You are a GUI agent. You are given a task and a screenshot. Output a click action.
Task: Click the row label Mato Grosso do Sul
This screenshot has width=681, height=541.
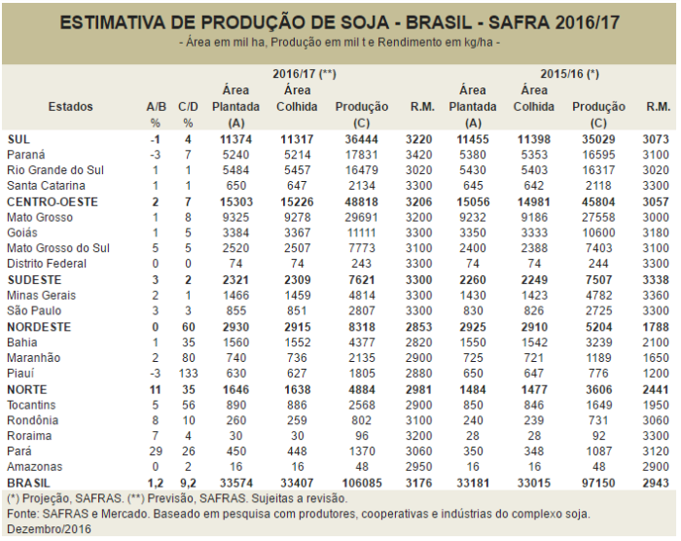[x=57, y=248]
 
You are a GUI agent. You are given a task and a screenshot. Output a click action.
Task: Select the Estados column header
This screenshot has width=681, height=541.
[x=71, y=106]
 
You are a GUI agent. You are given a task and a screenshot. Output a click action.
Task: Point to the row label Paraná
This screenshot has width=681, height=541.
[x=27, y=154]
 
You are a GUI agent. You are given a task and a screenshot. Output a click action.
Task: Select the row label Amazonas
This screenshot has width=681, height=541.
[x=34, y=466]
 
